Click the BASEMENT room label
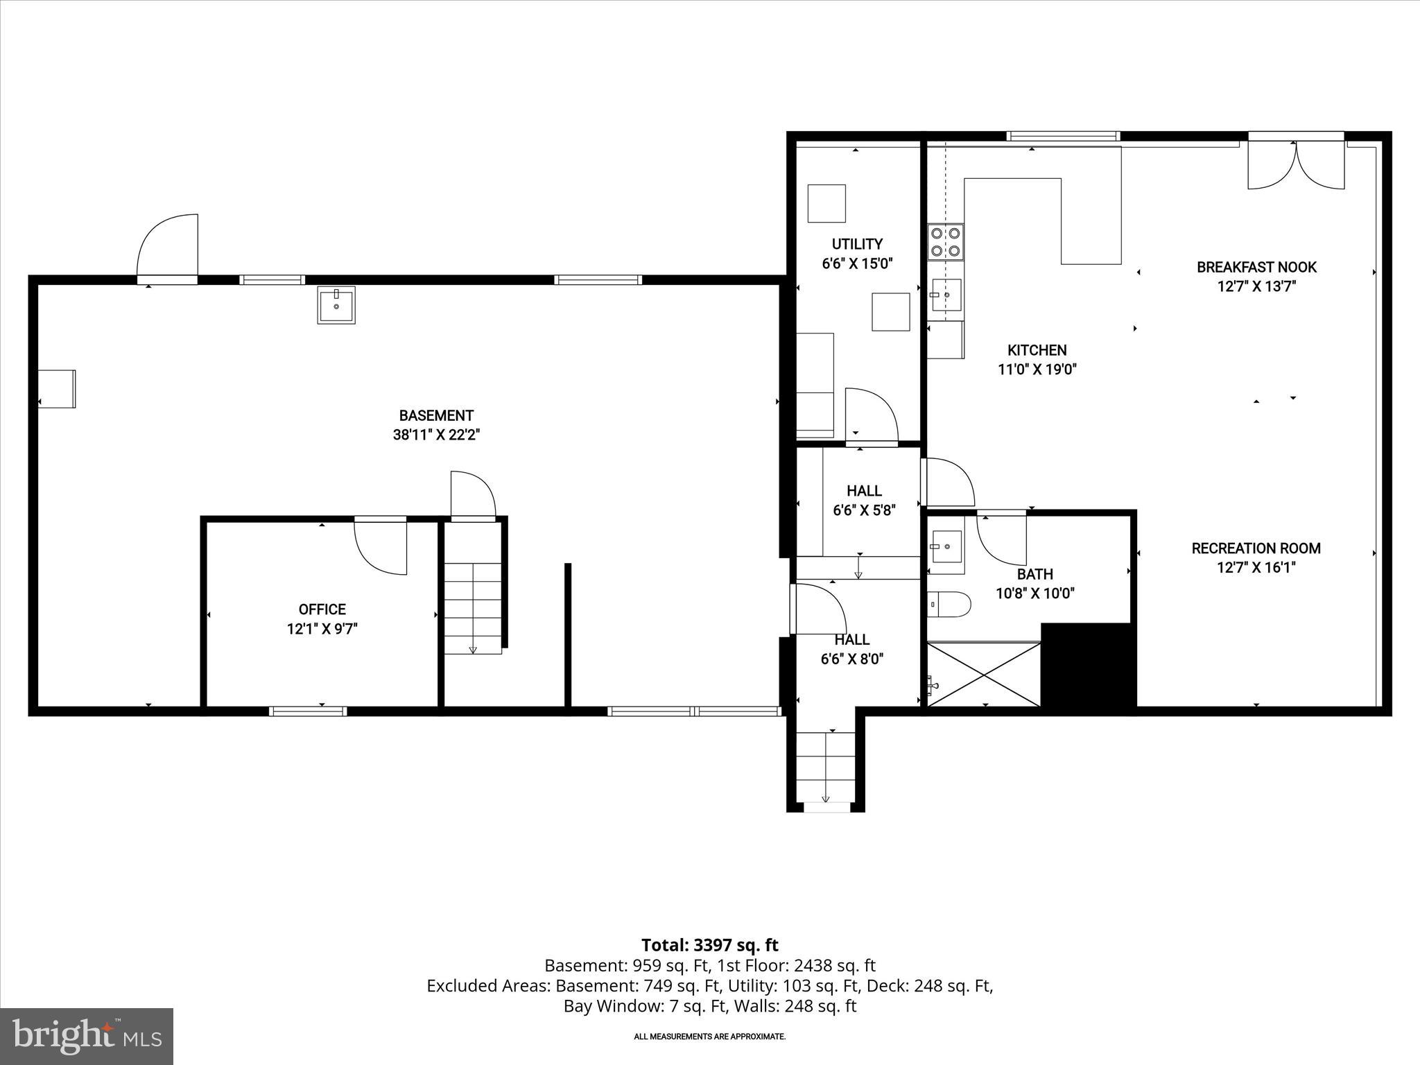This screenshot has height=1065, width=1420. click(436, 416)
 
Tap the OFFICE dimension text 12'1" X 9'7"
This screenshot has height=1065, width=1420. click(322, 629)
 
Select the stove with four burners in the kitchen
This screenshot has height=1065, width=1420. click(946, 242)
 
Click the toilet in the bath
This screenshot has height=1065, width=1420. click(949, 604)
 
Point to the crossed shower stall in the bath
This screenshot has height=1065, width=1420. click(984, 675)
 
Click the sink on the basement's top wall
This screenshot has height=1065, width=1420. click(336, 304)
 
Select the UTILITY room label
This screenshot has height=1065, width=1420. click(857, 244)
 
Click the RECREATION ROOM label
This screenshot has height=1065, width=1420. click(1256, 548)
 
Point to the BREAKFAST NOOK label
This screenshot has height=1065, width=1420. click(1256, 267)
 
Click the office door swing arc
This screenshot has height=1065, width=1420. click(381, 547)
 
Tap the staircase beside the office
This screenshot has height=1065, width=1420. click(473, 607)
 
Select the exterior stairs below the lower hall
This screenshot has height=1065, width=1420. click(825, 768)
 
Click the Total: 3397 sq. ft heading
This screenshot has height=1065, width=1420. click(709, 945)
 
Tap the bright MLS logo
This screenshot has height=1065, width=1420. click(87, 1036)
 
